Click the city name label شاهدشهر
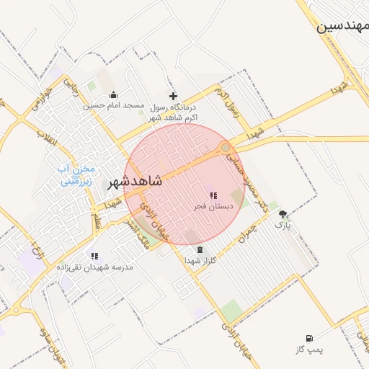coord(135,182)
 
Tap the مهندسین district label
coord(343,27)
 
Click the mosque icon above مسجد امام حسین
coord(113,94)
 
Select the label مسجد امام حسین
coord(114,105)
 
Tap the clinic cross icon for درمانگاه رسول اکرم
coord(173,96)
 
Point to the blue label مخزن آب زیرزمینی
coord(76,175)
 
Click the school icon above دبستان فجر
coord(213,195)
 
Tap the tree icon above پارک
coord(283,214)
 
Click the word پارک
coord(283,225)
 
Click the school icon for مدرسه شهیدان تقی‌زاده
coord(94,255)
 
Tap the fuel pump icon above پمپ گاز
coord(309,338)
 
